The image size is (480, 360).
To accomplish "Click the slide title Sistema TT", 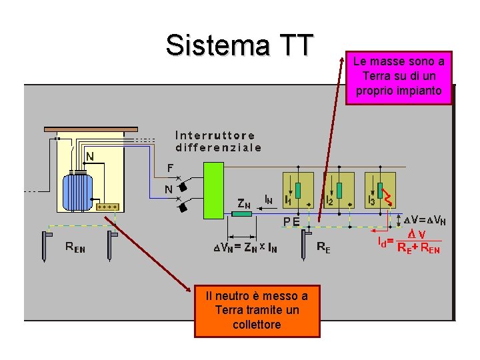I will (239, 45).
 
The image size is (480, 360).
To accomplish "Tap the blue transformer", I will (78, 190).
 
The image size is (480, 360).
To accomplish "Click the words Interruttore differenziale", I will (218, 141).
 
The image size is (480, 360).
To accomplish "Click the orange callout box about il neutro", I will (257, 310).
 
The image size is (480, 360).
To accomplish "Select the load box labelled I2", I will (339, 189).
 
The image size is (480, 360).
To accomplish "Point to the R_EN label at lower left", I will (75, 247).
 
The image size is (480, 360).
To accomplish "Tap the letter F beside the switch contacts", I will (170, 167).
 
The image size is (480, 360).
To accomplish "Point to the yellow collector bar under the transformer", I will (107, 207).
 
